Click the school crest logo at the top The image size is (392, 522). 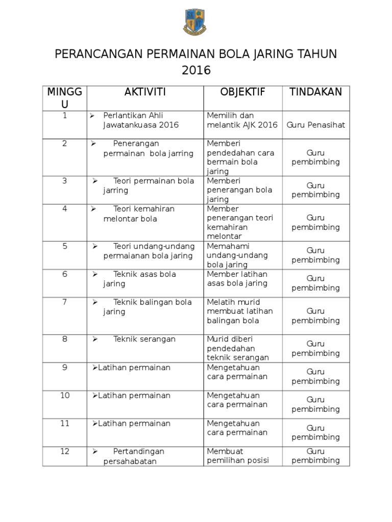pos(195,23)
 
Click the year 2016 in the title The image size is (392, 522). pos(196,70)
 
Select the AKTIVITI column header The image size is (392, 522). pos(145,92)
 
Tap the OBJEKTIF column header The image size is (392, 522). pos(242,92)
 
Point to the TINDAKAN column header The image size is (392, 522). pos(315,92)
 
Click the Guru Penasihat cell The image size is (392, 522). pos(315,125)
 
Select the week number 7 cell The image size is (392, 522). pos(65,302)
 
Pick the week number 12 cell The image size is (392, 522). pos(65,452)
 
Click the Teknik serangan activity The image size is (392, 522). pos(144,340)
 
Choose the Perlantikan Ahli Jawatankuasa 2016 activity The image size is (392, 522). pos(140,120)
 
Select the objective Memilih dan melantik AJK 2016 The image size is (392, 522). pos(242,120)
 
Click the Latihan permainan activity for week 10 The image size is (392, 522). pos(134,396)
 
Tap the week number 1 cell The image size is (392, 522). pos(65,116)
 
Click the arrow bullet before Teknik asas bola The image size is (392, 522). pos(95,274)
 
